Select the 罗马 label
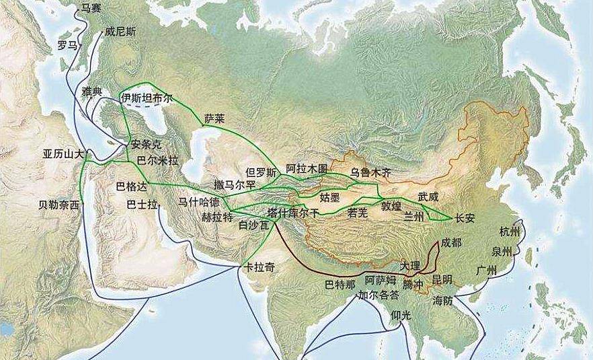pos(67,45)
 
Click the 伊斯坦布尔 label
pos(147,98)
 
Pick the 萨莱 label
pos(214,118)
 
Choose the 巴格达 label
pos(130,184)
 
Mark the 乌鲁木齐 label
pos(370,172)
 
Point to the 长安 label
pos(465,217)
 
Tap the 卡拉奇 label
pos(260,267)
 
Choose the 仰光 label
pos(401,315)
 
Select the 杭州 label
pos(510,232)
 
